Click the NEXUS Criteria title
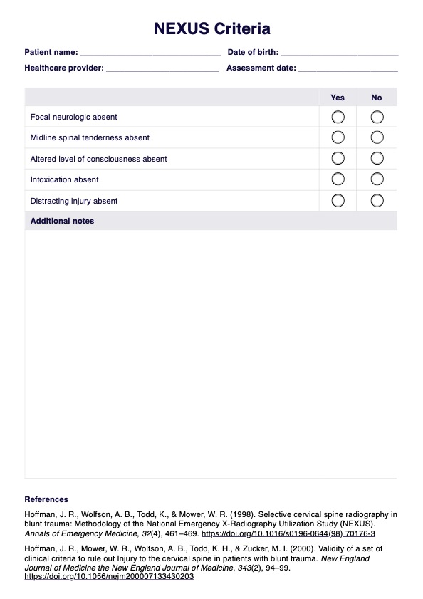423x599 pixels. (x=211, y=29)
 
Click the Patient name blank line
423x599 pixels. (x=150, y=53)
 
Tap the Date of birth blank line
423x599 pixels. (x=339, y=53)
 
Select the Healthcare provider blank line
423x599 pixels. (x=162, y=69)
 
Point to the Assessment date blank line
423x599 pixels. (x=348, y=69)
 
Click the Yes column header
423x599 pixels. (x=338, y=98)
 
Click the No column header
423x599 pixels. (x=377, y=98)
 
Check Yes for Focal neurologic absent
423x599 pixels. (x=338, y=117)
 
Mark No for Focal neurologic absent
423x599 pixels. (x=377, y=117)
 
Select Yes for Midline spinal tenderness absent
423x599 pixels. (x=338, y=137)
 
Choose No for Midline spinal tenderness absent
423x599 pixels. (x=377, y=137)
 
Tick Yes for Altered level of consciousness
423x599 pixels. (x=338, y=158)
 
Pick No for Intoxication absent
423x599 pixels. (x=377, y=179)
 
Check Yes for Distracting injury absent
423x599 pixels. (x=338, y=201)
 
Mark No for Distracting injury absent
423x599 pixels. (x=377, y=201)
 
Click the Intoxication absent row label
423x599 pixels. (x=64, y=179)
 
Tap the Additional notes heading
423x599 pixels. (x=62, y=221)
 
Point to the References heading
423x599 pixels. (x=46, y=499)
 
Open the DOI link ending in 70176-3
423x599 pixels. (x=288, y=533)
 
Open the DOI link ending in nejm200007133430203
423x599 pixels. (x=109, y=576)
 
